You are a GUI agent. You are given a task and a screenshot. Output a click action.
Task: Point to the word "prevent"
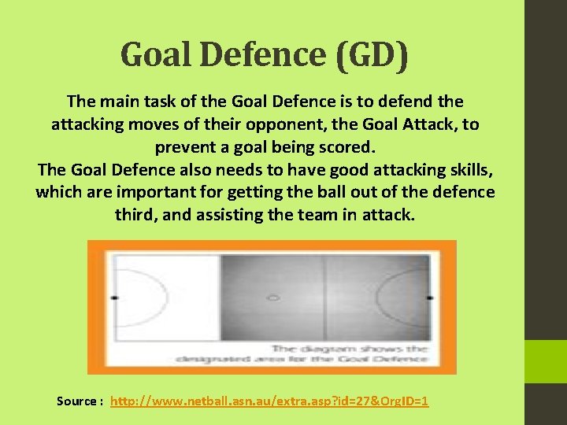pos(186,147)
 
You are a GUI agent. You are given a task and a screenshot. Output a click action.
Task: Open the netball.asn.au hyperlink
pos(269,401)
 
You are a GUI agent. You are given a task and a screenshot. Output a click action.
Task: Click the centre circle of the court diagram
pos(272,298)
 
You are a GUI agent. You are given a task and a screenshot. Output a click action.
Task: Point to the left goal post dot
pos(114,298)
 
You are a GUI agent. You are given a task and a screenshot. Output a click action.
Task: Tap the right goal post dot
pos(430,298)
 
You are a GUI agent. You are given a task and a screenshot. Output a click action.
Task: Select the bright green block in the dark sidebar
pos(546,362)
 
